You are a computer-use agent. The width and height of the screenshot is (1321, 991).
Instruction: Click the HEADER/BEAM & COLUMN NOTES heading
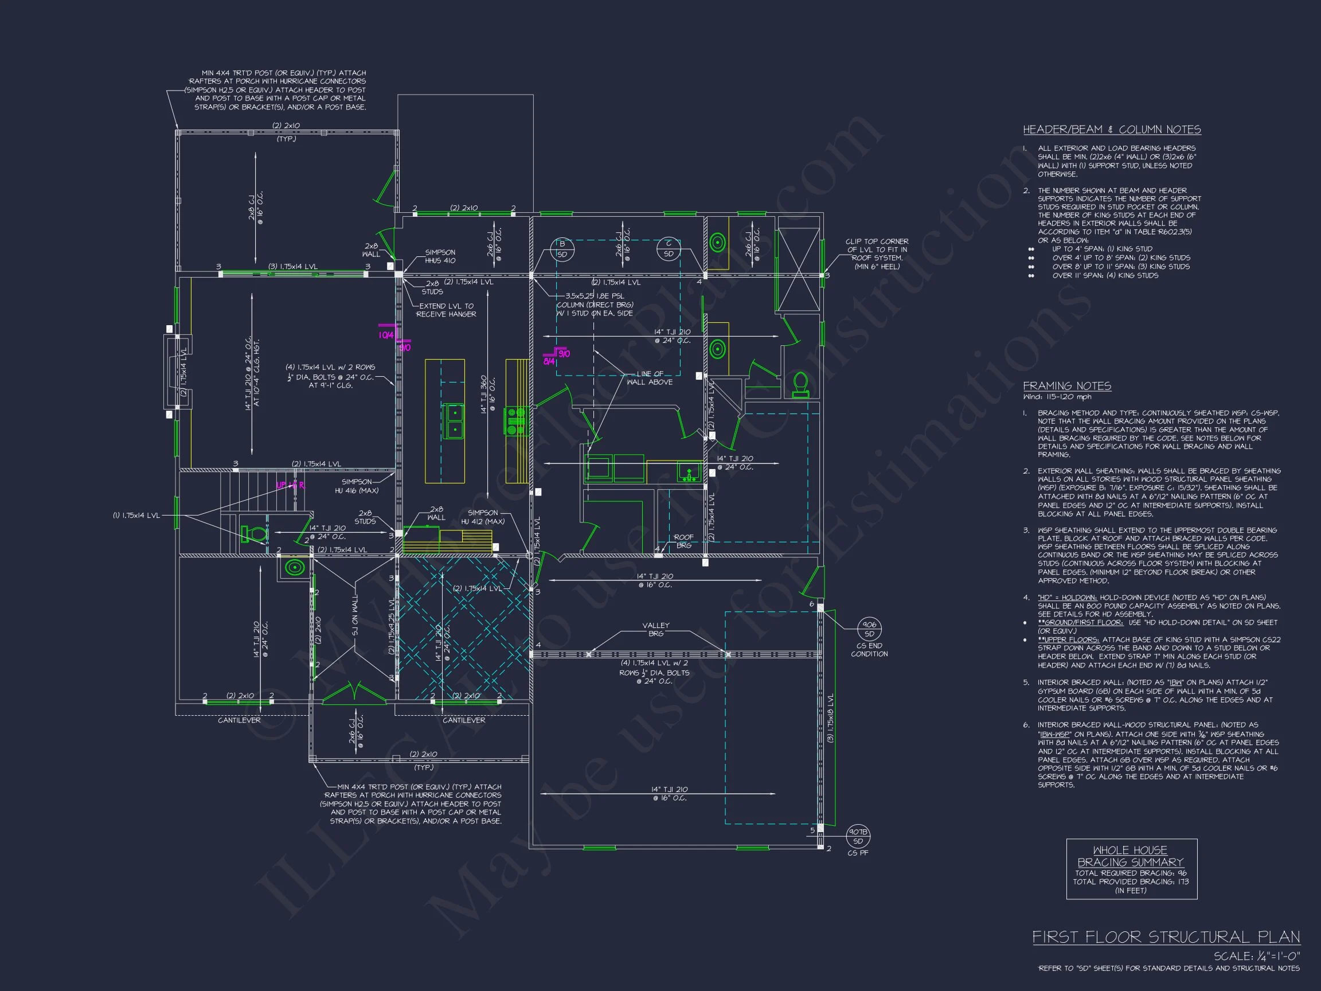click(x=1111, y=130)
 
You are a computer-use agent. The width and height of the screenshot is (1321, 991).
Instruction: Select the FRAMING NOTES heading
click(x=1066, y=386)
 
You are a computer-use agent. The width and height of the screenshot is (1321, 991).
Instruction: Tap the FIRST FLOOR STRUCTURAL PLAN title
click(x=1166, y=937)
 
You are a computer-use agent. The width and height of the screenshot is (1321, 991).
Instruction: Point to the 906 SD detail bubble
click(x=869, y=629)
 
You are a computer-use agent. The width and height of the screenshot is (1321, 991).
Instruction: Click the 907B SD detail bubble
click(x=858, y=836)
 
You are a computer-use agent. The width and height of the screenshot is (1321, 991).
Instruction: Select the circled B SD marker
click(x=562, y=248)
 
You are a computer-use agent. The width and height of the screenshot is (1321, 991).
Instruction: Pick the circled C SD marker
click(x=669, y=248)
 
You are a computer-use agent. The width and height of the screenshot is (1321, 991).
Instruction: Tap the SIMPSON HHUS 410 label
click(x=440, y=256)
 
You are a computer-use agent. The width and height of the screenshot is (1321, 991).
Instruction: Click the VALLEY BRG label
click(x=656, y=629)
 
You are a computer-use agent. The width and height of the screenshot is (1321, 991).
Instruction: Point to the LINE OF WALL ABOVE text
click(x=649, y=377)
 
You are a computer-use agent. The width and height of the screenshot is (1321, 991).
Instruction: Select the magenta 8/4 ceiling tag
click(x=549, y=361)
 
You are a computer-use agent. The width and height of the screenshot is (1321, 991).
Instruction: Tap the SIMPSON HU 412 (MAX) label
click(x=483, y=517)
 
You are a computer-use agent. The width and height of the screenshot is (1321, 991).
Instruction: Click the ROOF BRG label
click(x=683, y=541)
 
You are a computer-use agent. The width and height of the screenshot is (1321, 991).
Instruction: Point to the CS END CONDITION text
click(x=869, y=650)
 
